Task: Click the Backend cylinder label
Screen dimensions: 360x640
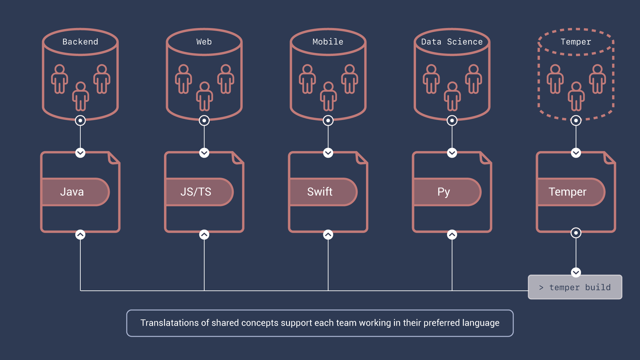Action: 80,42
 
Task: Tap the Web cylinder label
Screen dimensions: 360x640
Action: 204,42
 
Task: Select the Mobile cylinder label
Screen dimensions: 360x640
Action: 328,42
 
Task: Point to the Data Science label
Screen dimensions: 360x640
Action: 452,42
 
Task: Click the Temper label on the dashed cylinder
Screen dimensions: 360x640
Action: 576,42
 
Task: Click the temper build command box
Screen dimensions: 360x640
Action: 575,287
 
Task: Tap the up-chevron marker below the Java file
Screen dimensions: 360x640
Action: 80,235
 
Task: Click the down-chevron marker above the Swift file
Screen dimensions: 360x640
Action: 328,153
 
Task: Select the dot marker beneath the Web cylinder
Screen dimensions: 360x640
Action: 204,120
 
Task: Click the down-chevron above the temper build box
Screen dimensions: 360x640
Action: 576,272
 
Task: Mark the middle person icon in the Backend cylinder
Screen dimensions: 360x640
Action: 80,96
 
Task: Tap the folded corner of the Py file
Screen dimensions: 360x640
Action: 485,158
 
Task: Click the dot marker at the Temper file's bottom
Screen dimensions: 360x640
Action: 576,233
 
